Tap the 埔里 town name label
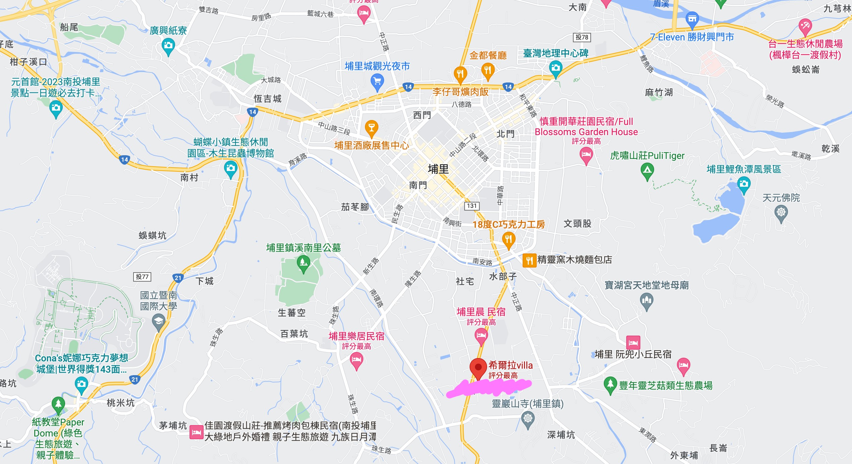click(x=438, y=169)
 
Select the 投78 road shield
click(x=582, y=37)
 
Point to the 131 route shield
click(x=472, y=206)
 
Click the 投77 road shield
click(x=142, y=277)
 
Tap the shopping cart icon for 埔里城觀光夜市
click(x=377, y=81)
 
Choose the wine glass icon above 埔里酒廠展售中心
click(x=371, y=127)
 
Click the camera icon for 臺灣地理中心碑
click(x=555, y=68)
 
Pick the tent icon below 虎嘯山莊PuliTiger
click(x=647, y=170)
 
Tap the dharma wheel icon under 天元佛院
click(x=781, y=212)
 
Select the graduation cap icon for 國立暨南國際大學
click(x=159, y=321)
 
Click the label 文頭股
click(x=577, y=224)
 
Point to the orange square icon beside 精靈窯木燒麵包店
click(x=529, y=260)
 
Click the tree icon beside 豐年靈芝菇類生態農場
click(x=610, y=384)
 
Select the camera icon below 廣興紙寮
click(x=168, y=45)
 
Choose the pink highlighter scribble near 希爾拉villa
click(x=490, y=388)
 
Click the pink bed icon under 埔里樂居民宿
click(x=356, y=360)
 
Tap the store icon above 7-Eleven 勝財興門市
click(x=692, y=19)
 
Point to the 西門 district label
click(x=422, y=115)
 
